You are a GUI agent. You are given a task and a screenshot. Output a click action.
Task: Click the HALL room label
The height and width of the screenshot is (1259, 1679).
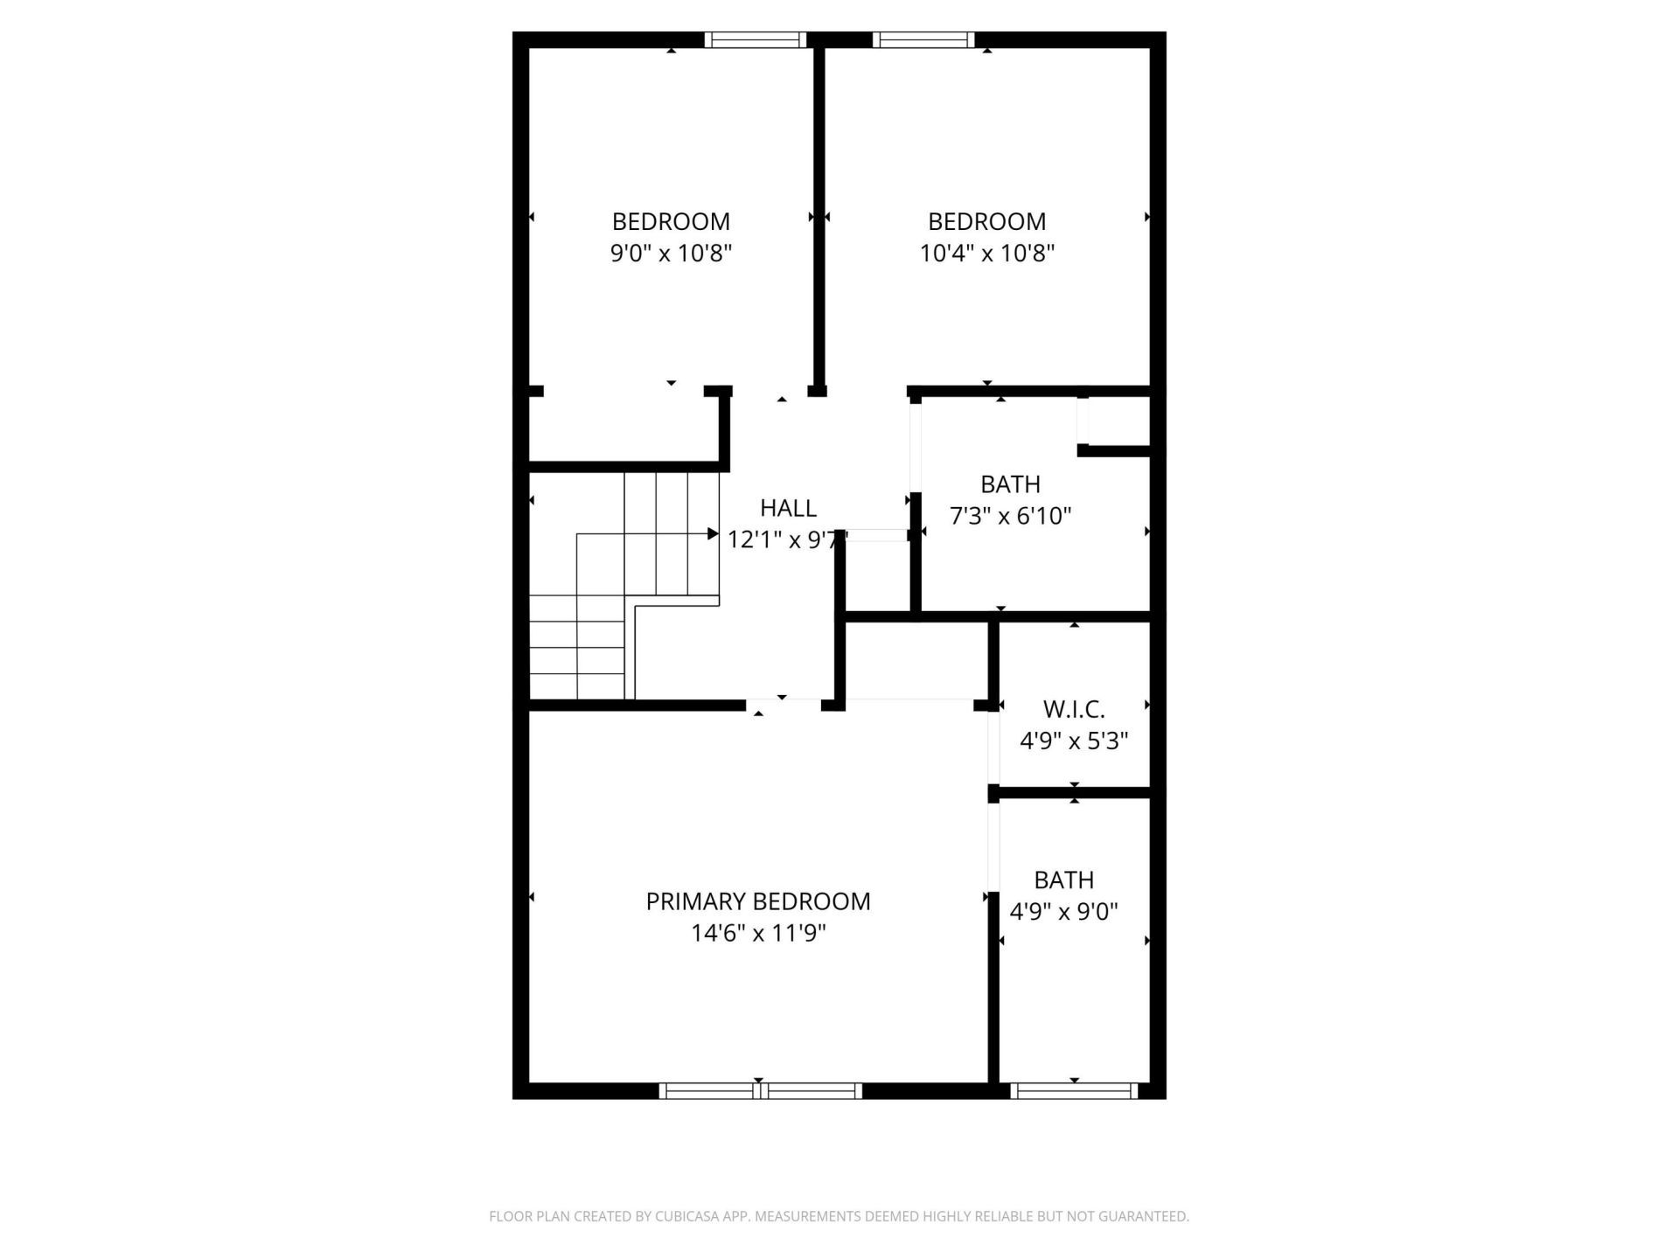pyautogui.click(x=788, y=508)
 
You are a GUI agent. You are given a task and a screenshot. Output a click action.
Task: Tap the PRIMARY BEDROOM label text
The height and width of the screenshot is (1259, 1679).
pyautogui.click(x=758, y=901)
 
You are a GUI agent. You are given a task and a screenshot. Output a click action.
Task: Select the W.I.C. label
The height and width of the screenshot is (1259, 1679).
pyautogui.click(x=1074, y=709)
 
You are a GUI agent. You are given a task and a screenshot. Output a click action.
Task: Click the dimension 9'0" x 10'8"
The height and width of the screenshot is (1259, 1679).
pyautogui.click(x=671, y=254)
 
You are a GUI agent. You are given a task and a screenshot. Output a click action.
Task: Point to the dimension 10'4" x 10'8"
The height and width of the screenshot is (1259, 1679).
pyautogui.click(x=986, y=254)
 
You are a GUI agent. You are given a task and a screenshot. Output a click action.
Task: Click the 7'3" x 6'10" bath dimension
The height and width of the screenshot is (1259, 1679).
pyautogui.click(x=1010, y=516)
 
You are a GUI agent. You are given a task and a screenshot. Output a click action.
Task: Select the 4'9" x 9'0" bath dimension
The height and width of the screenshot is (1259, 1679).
pyautogui.click(x=1063, y=912)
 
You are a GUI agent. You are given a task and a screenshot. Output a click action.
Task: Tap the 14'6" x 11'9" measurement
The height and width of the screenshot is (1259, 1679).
pyautogui.click(x=758, y=934)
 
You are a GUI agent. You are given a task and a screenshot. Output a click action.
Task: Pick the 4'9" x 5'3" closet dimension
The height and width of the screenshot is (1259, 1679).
pyautogui.click(x=1074, y=741)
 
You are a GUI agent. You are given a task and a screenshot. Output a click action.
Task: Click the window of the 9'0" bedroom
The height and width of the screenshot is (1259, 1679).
pyautogui.click(x=756, y=39)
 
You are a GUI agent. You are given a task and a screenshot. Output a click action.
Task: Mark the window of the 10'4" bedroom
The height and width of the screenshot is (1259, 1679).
pyautogui.click(x=923, y=39)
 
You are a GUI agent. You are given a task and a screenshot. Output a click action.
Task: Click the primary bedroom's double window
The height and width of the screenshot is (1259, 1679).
pyautogui.click(x=760, y=1090)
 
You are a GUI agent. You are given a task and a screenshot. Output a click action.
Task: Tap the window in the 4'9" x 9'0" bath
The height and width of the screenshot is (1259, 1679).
pyautogui.click(x=1074, y=1090)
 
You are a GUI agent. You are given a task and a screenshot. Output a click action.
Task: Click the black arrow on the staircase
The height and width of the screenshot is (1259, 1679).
pyautogui.click(x=713, y=533)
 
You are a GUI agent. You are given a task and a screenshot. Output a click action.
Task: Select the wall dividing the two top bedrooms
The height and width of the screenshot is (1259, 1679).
pyautogui.click(x=819, y=219)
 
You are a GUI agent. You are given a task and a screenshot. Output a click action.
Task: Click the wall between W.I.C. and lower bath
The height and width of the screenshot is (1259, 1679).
pyautogui.click(x=1074, y=792)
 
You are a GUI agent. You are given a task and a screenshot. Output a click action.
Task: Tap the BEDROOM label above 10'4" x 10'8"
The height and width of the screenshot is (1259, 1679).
pyautogui.click(x=986, y=221)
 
